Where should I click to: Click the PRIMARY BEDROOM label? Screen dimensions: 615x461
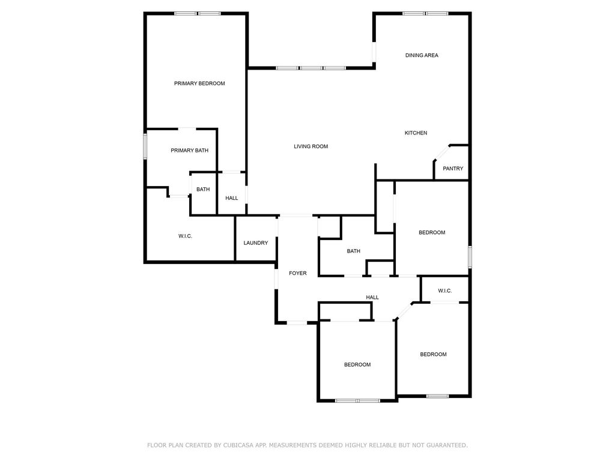click(x=199, y=83)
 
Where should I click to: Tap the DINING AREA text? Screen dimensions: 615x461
click(x=422, y=55)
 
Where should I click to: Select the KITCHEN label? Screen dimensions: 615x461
click(x=416, y=133)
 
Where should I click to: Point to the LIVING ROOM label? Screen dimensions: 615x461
click(x=311, y=146)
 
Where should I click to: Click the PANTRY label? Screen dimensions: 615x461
click(x=453, y=169)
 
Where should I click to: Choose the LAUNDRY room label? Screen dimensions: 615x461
click(x=256, y=243)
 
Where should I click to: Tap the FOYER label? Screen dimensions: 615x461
click(x=298, y=273)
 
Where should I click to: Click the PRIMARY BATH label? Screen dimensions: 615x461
click(x=189, y=151)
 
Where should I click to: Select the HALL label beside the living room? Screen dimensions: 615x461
click(x=231, y=198)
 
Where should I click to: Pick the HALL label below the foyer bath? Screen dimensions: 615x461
click(x=372, y=298)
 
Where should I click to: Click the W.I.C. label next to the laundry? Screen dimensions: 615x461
click(x=185, y=236)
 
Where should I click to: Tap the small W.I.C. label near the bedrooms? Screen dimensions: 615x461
click(x=445, y=291)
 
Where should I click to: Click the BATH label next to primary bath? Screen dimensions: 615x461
click(x=203, y=189)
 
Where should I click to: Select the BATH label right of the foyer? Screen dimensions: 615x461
click(x=353, y=252)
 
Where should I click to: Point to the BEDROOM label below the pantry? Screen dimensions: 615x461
click(x=432, y=232)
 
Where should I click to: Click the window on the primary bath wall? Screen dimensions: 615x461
click(x=145, y=146)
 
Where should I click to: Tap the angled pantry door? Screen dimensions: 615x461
click(x=442, y=152)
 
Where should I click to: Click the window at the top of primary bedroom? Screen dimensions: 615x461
click(x=197, y=14)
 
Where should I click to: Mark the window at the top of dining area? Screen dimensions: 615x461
click(x=425, y=14)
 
